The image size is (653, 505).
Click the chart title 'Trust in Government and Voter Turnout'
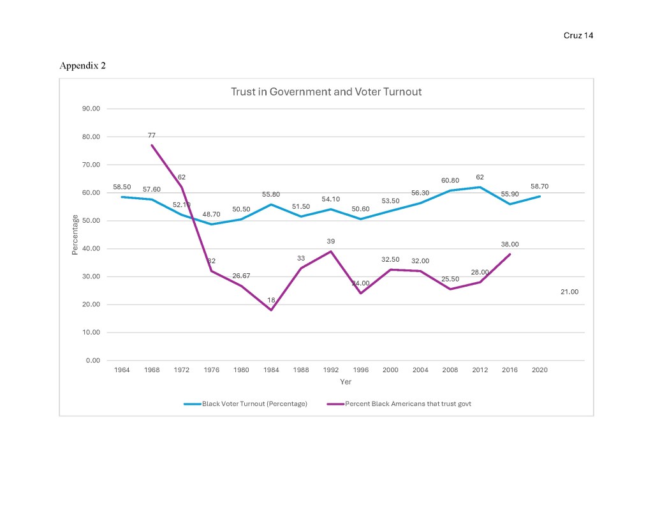pyautogui.click(x=326, y=92)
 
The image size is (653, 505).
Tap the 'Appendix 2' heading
pyautogui.click(x=82, y=66)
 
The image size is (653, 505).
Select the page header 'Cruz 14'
pyautogui.click(x=578, y=36)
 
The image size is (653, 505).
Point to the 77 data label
pyautogui.click(x=152, y=135)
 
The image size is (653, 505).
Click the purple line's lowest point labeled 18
pyautogui.click(x=271, y=310)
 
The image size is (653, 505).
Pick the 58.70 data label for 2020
pyautogui.click(x=539, y=186)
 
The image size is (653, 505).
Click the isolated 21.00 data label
pyautogui.click(x=569, y=292)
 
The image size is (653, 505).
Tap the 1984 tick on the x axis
pyautogui.click(x=271, y=370)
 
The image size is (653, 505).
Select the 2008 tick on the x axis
pyautogui.click(x=450, y=370)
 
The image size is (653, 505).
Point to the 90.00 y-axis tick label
pyautogui.click(x=91, y=109)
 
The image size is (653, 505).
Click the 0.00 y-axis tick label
pyautogui.click(x=93, y=361)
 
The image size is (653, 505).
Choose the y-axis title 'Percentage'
pyautogui.click(x=75, y=235)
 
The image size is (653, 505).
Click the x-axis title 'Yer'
pyautogui.click(x=345, y=382)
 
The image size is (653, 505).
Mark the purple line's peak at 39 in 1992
pyautogui.click(x=331, y=252)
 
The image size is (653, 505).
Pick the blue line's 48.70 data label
pyautogui.click(x=212, y=214)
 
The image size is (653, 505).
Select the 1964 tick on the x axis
pyautogui.click(x=122, y=370)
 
